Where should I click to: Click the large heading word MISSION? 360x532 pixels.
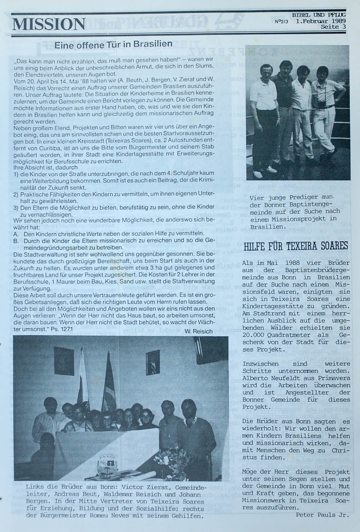[x=49, y=24]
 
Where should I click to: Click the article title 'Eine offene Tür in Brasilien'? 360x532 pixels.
[x=113, y=44]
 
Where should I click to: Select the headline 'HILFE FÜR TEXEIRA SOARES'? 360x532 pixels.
[x=295, y=246]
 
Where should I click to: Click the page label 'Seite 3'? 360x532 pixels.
[x=333, y=27]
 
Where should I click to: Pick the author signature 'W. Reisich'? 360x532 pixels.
[x=198, y=331]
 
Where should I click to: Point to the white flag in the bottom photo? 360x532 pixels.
[x=83, y=376]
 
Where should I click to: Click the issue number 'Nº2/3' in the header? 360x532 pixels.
[x=282, y=22]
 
